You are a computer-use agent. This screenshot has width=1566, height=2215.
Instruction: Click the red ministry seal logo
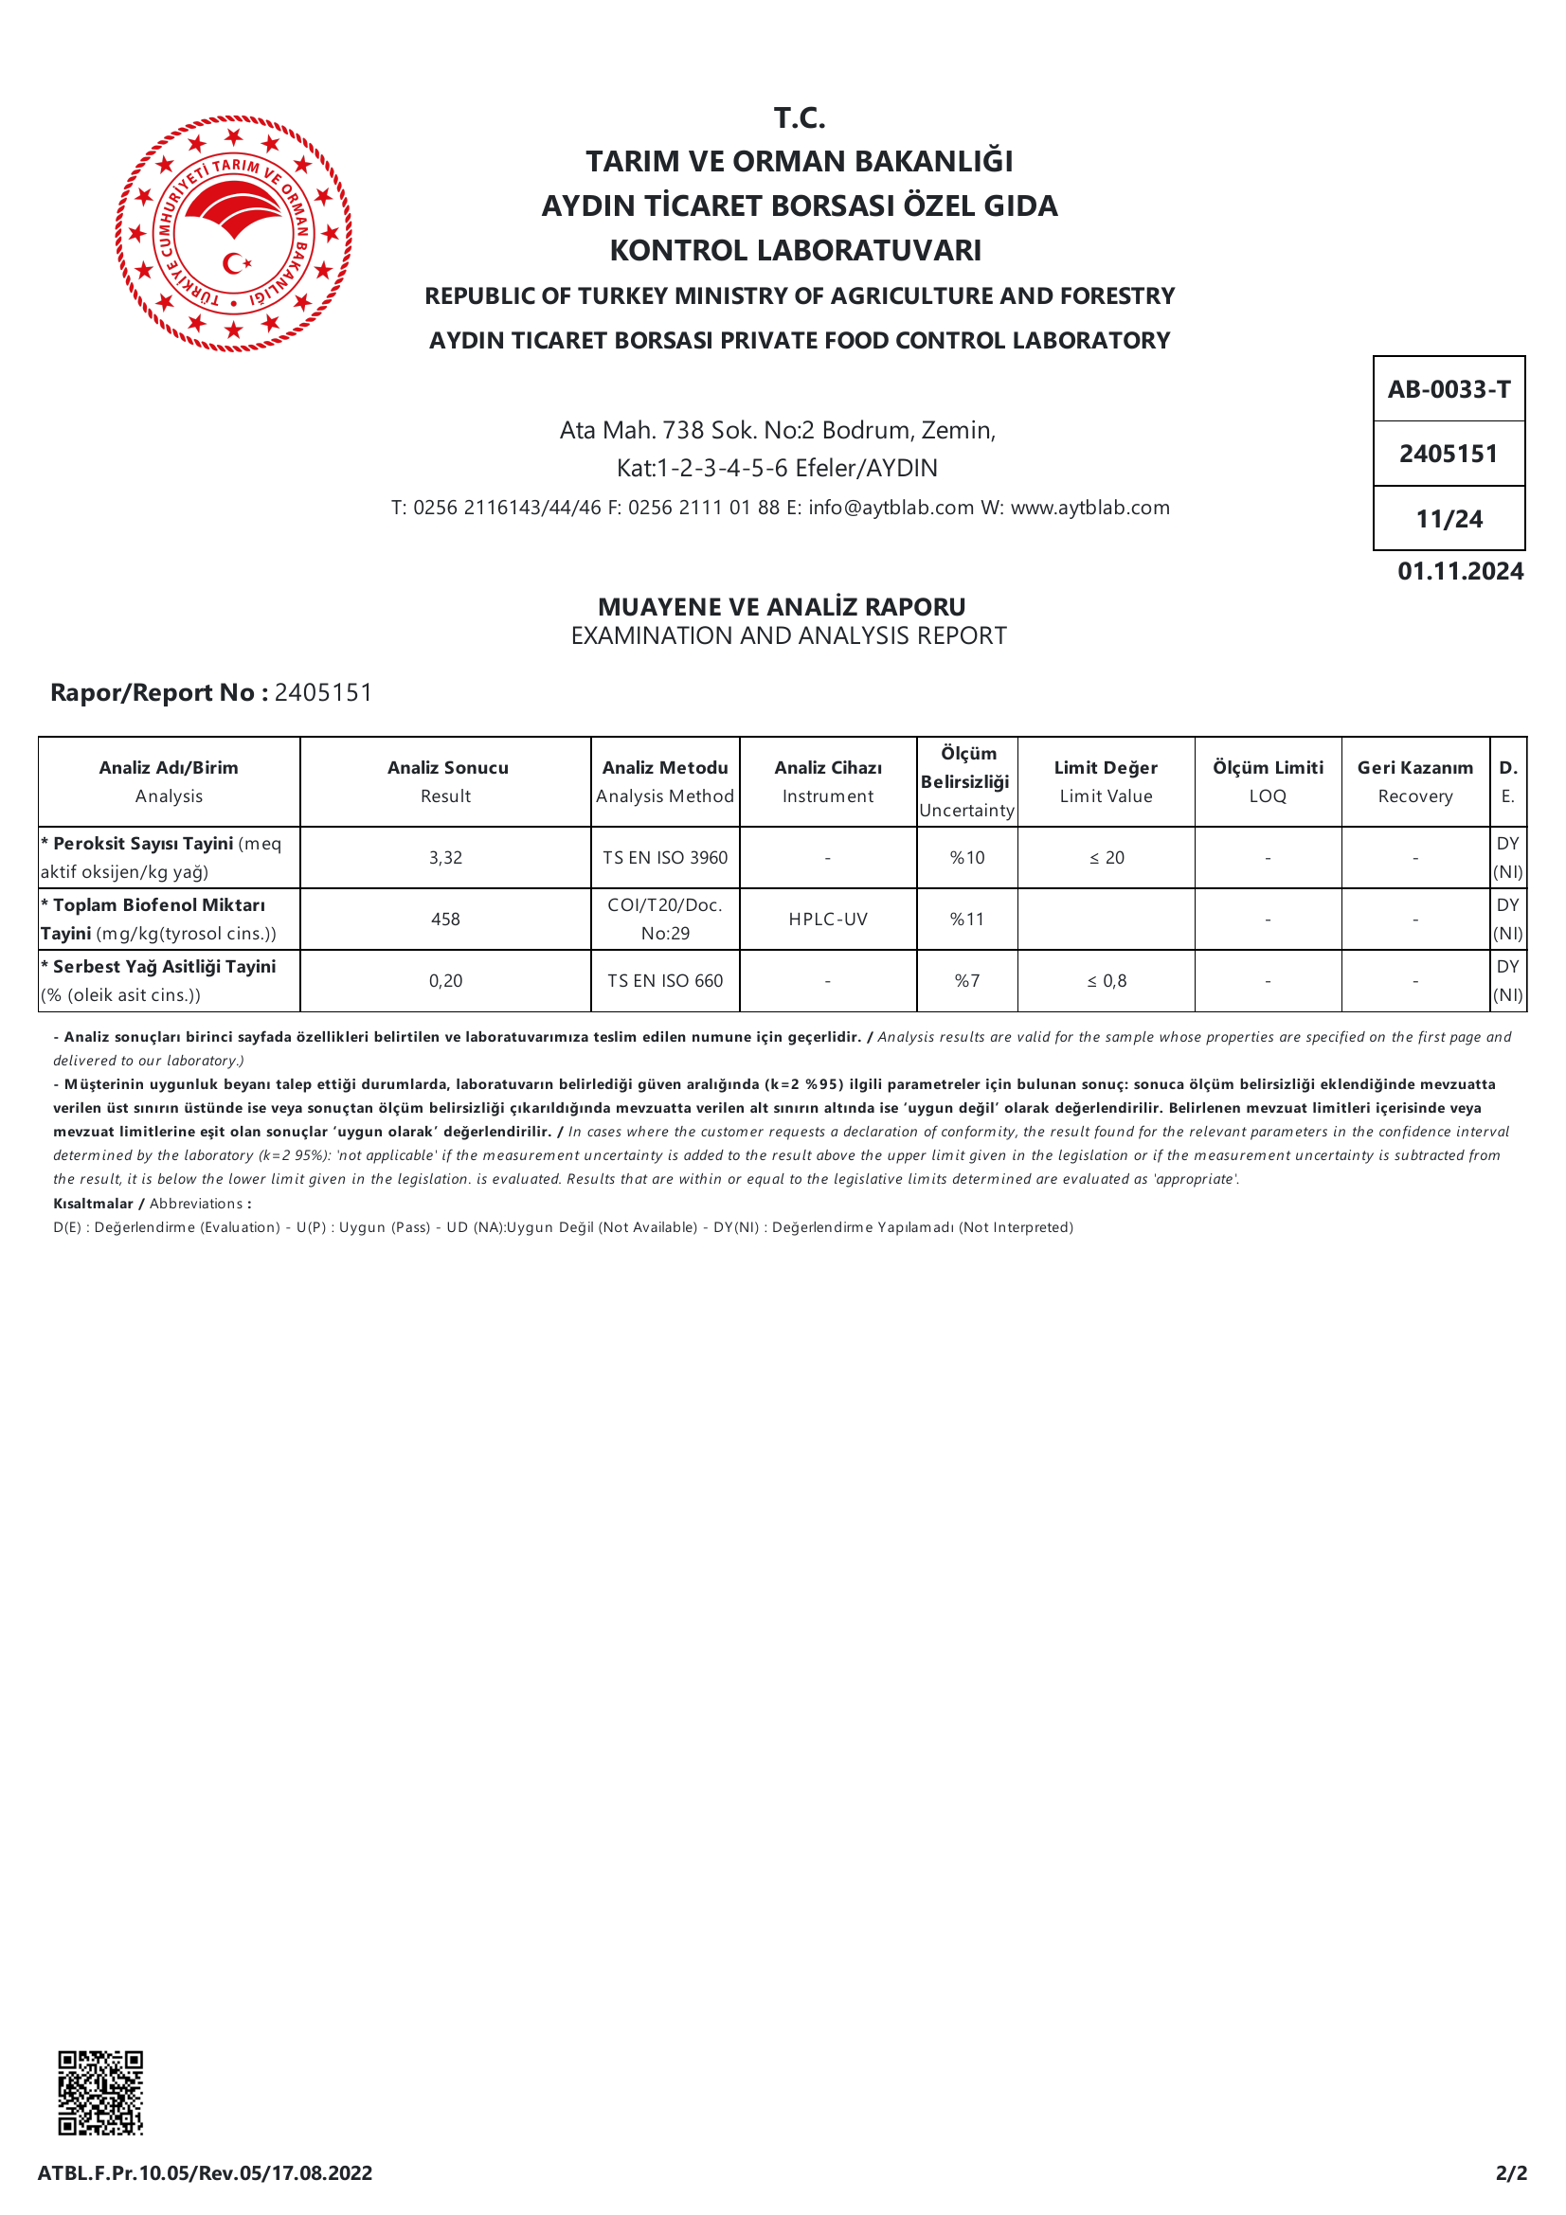point(233,234)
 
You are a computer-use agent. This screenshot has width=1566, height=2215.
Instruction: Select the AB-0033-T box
point(1449,390)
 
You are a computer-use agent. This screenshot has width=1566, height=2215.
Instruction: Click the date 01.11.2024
point(1460,571)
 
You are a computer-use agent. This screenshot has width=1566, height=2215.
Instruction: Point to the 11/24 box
point(1449,519)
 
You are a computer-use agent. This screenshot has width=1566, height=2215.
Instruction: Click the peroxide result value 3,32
point(446,858)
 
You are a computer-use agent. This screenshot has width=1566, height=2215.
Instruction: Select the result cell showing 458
point(446,920)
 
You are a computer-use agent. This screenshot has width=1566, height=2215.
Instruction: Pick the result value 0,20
point(446,981)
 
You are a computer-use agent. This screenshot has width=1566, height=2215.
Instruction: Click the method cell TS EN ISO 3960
point(665,858)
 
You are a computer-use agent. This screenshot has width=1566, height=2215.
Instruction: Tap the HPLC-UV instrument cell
point(828,920)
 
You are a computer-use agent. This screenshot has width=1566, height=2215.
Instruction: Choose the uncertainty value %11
point(967,920)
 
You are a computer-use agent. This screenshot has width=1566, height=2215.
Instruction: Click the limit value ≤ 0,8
point(1107,981)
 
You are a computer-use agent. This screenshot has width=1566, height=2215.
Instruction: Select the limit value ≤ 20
point(1107,858)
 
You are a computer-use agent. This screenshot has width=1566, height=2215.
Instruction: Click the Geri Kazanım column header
point(1414,780)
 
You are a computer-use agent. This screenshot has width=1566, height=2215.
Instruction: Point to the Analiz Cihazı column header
point(828,780)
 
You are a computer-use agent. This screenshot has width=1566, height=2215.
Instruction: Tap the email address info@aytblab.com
point(891,508)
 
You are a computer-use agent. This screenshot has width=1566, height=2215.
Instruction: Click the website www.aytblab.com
point(1089,508)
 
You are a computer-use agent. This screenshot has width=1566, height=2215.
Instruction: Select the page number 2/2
point(1511,2172)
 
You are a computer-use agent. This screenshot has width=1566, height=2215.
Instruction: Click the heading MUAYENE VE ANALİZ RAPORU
point(782,607)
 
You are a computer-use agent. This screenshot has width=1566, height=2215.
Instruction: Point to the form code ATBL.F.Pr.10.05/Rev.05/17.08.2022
point(205,2172)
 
